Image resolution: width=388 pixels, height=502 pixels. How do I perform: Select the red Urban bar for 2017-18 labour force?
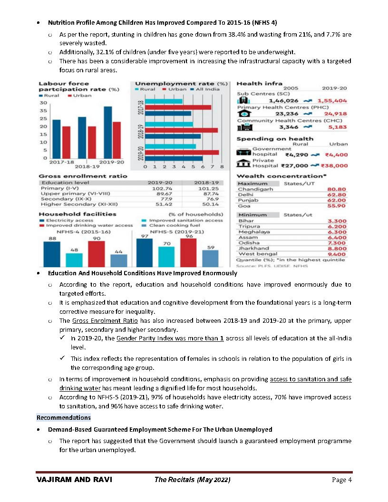coord(66,142)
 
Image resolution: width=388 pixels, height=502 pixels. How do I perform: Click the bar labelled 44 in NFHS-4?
coord(119,260)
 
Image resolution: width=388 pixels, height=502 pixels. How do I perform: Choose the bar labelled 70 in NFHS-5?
coord(166,256)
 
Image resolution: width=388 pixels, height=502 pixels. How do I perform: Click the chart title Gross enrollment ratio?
coord(83,176)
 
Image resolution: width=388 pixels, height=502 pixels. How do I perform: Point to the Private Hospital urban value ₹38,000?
coord(334,165)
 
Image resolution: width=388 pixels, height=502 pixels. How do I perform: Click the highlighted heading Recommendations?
coord(64,417)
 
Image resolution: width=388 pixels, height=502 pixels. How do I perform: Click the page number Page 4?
coord(341,480)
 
